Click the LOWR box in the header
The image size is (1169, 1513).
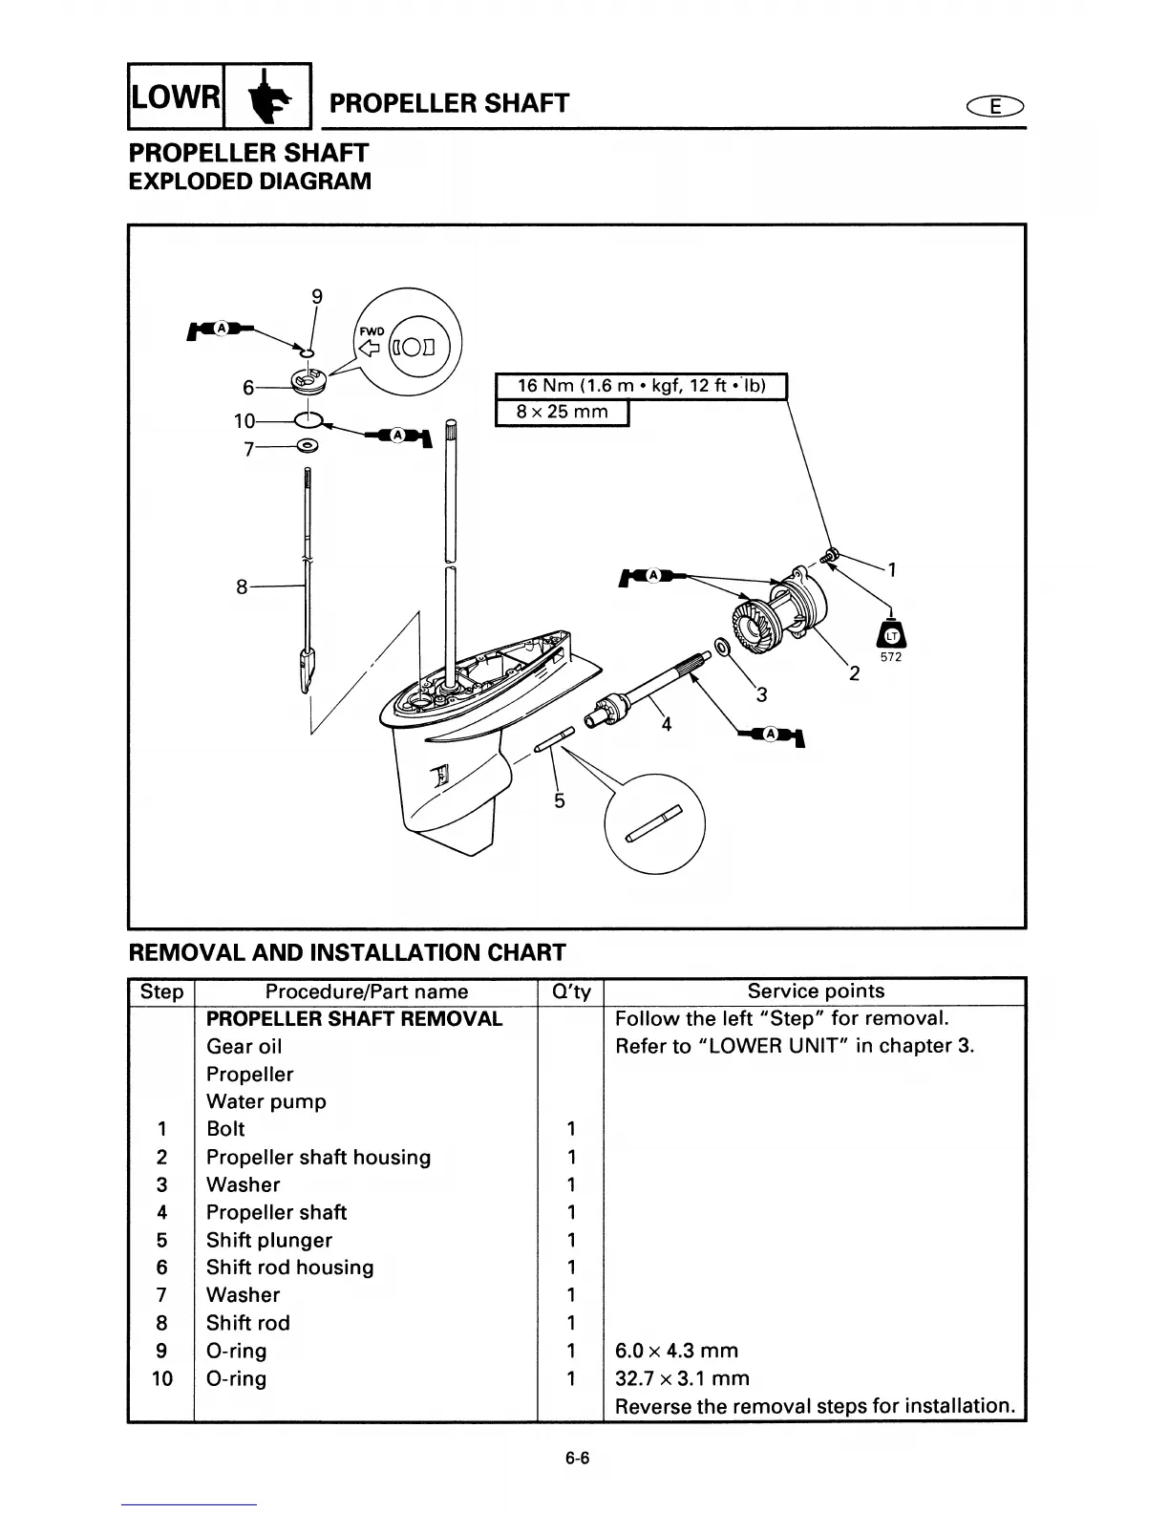[176, 96]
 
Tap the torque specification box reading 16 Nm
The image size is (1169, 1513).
[641, 386]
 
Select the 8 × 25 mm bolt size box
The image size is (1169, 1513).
[562, 413]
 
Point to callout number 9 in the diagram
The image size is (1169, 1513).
[317, 296]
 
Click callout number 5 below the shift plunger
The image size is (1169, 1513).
[560, 800]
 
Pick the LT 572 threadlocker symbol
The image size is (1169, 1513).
[891, 637]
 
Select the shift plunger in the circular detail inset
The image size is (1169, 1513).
[655, 823]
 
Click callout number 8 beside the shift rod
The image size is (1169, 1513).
[243, 586]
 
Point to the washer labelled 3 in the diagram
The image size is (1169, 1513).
[722, 649]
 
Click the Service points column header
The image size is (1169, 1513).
[816, 991]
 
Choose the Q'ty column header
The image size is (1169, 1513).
[571, 991]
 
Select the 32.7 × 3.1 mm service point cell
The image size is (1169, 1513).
[683, 1378]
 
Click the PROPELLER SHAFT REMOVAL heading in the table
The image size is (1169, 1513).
[354, 1019]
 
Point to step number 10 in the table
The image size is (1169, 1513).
[162, 1378]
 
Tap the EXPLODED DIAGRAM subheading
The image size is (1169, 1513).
[249, 181]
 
